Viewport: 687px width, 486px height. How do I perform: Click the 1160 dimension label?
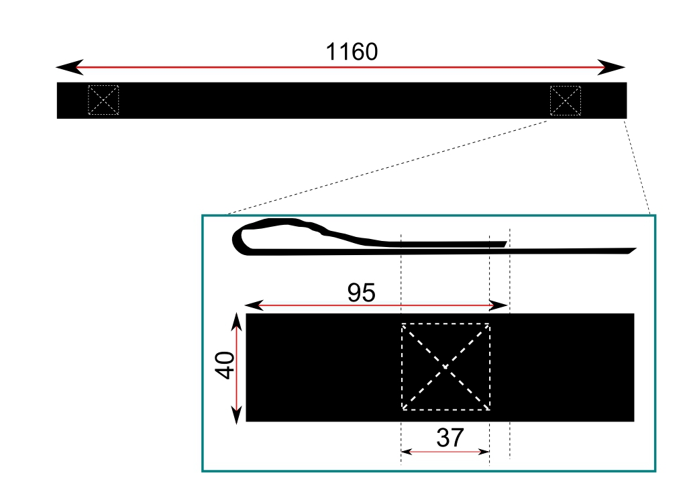click(x=352, y=52)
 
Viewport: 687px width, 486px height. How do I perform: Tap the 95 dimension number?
click(x=361, y=293)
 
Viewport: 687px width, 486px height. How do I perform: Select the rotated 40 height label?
click(x=225, y=365)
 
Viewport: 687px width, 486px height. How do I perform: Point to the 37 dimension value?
click(x=450, y=438)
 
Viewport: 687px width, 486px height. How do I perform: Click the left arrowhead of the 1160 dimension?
click(x=69, y=67)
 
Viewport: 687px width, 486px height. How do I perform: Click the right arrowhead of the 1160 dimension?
click(x=611, y=68)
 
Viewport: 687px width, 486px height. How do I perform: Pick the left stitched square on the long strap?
click(x=103, y=100)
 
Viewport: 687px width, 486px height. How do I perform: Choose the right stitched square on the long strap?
click(x=565, y=101)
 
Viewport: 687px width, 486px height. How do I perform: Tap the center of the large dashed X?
click(x=445, y=367)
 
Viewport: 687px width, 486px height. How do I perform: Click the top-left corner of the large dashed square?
click(x=403, y=324)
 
